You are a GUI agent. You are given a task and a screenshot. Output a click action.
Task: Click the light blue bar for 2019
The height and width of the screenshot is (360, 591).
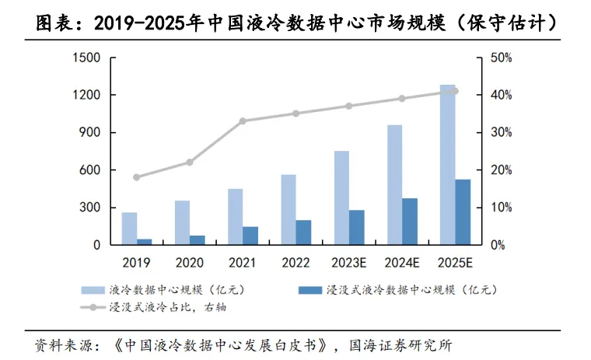point(129,229)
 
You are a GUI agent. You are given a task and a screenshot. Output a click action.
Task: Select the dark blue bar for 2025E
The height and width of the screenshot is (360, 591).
point(463,212)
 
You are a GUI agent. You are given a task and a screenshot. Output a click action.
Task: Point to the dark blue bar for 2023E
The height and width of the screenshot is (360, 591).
point(356,227)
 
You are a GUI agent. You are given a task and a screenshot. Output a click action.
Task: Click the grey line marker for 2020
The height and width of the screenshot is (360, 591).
point(190,163)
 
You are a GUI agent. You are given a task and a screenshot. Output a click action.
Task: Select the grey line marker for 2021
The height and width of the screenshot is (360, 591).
point(243,121)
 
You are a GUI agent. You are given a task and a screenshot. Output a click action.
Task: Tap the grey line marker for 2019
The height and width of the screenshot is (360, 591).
point(137,177)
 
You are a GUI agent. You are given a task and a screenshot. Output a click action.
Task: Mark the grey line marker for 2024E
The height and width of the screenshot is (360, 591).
point(402,99)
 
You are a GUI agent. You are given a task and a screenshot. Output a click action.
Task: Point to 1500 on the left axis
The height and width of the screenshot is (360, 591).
point(87,58)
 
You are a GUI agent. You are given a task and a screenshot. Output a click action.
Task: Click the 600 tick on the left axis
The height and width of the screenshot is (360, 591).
point(91,170)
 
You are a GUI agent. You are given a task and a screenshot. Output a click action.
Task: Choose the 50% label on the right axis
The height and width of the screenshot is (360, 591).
point(501,58)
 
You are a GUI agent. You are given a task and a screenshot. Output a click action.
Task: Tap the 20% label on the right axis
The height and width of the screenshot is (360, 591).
point(501,170)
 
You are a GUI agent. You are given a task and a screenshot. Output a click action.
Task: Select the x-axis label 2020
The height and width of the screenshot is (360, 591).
point(190,263)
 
